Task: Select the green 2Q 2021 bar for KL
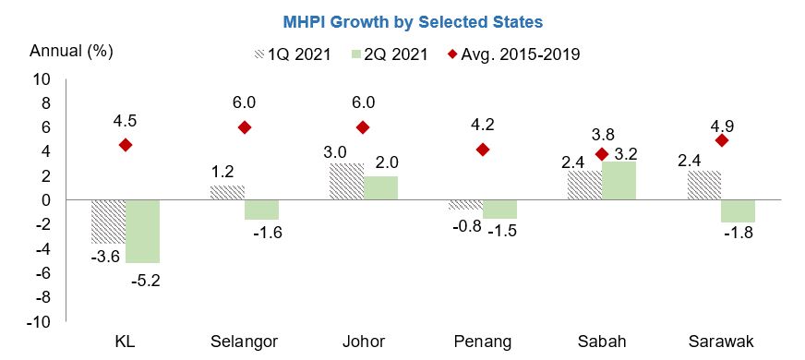pos(142,231)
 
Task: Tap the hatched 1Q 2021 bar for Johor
pos(344,182)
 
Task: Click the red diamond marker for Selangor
pos(244,127)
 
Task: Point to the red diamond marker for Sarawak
pos(720,140)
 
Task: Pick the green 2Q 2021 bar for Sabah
pos(619,181)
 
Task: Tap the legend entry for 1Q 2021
pos(289,54)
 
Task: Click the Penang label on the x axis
pos(482,342)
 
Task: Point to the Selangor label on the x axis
pos(244,342)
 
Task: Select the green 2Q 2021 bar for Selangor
pos(261,210)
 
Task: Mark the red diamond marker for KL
pos(126,145)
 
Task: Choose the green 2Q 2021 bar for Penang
pos(499,209)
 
